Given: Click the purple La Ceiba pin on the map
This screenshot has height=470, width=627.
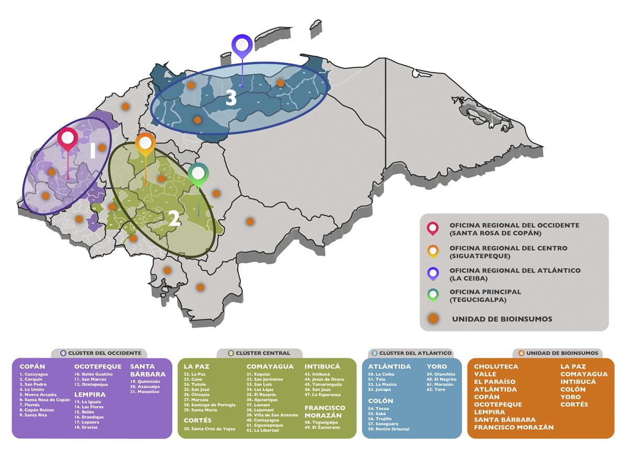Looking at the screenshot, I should coord(242,46).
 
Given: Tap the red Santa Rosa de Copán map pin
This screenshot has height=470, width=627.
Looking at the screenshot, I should coord(68,139).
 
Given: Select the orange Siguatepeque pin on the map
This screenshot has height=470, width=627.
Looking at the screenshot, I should coord(146,144).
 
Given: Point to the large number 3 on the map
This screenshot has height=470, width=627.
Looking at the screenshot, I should coord(231,98).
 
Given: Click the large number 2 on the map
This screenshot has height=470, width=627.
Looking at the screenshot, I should coord(174,218).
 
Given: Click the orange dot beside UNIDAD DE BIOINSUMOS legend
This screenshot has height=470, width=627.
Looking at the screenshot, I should coord(433,319).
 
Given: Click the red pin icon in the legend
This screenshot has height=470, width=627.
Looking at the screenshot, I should coord(433,228).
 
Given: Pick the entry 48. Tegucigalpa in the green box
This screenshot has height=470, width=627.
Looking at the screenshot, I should coord(324,422).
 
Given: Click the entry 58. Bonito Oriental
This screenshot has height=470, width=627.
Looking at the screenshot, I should coord(389,429).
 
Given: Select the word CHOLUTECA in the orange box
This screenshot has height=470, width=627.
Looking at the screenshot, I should coord(496,367).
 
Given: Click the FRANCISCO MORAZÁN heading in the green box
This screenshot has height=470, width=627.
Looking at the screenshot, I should coord(325,411).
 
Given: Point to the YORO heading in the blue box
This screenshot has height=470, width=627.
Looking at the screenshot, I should coord(437,367).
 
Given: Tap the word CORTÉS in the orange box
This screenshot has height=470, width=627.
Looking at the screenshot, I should coord(574,404).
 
